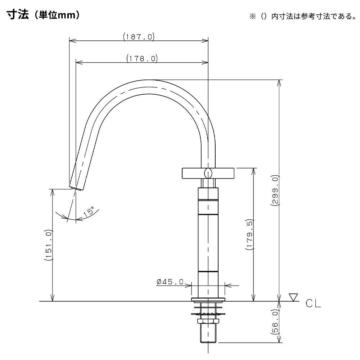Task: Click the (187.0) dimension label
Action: tap(139, 37)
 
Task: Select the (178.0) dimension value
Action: tap(142, 58)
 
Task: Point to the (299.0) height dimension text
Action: tap(275, 190)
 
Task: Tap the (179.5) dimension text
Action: tap(249, 234)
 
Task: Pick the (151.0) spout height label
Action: tap(49, 245)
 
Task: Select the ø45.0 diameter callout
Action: tap(170, 282)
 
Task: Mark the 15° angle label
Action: tap(89, 211)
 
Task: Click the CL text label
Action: tap(313, 303)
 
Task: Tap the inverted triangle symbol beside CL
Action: tap(293, 297)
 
